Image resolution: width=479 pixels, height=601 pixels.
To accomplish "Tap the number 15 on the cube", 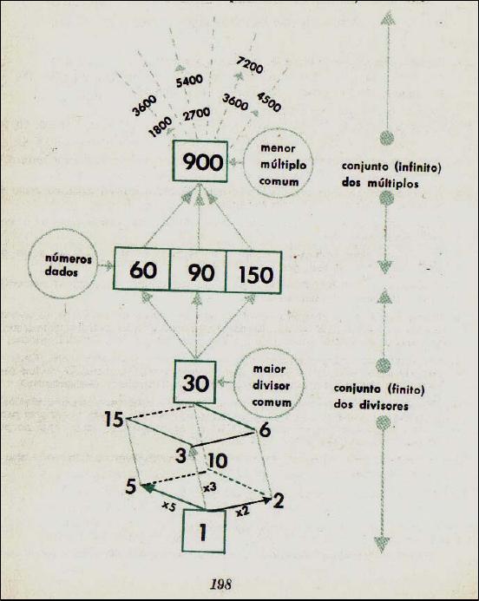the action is coord(114,420).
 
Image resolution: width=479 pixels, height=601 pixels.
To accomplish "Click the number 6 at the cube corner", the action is coord(265,430).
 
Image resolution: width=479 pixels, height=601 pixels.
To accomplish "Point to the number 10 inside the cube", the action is coord(218,461).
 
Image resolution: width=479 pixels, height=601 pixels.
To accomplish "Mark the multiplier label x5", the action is coord(168,506).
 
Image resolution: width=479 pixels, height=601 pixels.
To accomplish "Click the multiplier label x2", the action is coord(242,511).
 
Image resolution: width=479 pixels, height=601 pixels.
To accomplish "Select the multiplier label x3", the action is coord(210,487).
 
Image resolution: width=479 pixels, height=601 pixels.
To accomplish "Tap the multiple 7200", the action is coord(250,65).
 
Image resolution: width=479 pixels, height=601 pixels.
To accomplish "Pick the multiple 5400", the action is coord(189,81).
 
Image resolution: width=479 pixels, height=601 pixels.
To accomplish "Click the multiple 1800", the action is coord(161,127).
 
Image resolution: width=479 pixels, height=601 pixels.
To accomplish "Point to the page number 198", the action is coord(221,585).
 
